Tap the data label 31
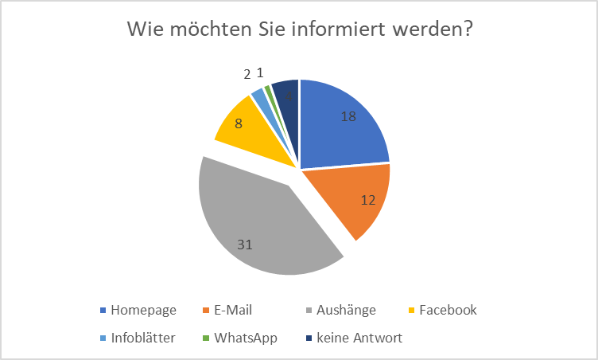point(244,245)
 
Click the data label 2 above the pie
point(247,74)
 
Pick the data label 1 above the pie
point(260,72)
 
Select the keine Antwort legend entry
point(359,338)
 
